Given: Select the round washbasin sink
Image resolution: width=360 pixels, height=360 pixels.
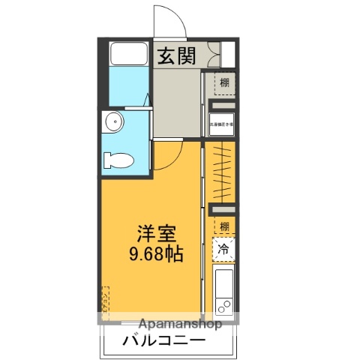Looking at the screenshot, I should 113,122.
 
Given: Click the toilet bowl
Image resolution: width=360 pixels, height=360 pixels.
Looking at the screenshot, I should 118,160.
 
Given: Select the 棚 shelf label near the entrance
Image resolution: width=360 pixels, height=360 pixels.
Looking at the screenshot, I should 224,82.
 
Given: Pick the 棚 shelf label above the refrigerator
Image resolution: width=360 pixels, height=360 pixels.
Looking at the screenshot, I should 224,226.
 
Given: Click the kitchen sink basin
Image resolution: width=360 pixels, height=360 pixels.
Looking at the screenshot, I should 223,281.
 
